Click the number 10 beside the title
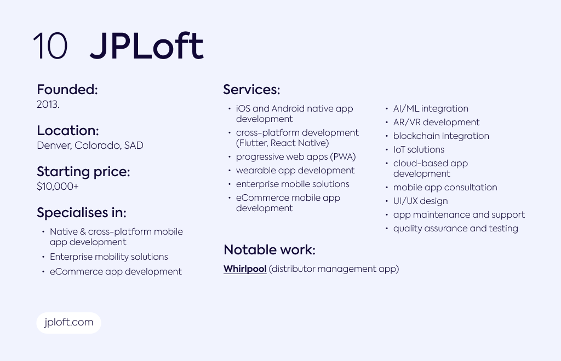click(x=50, y=46)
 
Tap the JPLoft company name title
click(x=147, y=46)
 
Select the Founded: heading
click(x=67, y=89)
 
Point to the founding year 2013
click(x=48, y=104)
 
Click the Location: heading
click(x=68, y=130)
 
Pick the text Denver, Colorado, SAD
click(x=90, y=145)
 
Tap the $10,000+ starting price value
click(x=58, y=187)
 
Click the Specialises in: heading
click(x=82, y=212)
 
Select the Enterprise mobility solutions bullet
click(x=109, y=257)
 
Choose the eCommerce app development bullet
click(x=116, y=271)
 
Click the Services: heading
click(x=251, y=89)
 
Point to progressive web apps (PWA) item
click(x=296, y=157)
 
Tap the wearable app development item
click(x=295, y=170)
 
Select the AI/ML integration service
click(x=431, y=108)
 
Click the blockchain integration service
click(x=441, y=136)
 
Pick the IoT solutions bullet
click(x=419, y=150)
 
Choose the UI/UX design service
click(x=420, y=201)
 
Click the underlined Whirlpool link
click(x=245, y=269)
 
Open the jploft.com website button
click(x=68, y=323)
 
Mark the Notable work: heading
click(x=270, y=249)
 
